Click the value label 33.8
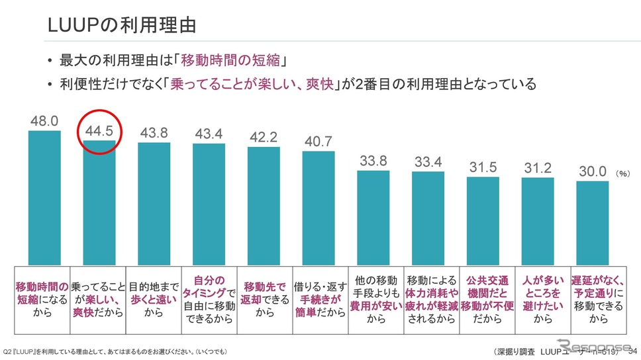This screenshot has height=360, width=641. click(373, 161)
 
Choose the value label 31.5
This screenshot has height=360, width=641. click(483, 167)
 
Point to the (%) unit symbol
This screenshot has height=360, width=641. click(622, 173)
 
